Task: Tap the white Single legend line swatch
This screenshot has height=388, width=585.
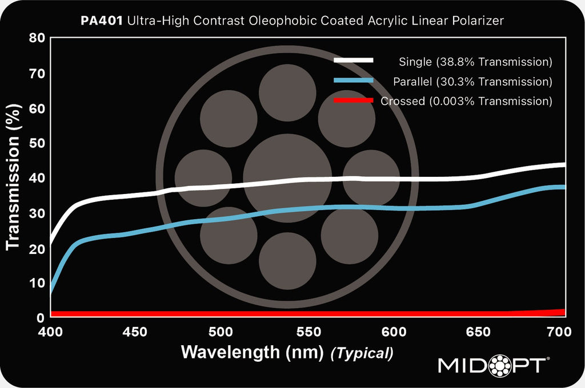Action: pyautogui.click(x=354, y=60)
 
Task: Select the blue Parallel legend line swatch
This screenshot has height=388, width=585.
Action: pyautogui.click(x=354, y=81)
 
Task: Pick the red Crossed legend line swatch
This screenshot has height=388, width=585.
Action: pyautogui.click(x=354, y=101)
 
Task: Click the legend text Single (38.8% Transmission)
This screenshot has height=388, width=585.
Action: pyautogui.click(x=475, y=62)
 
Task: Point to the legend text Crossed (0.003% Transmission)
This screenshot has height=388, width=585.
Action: pyautogui.click(x=466, y=102)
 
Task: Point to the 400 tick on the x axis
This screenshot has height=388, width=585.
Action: pyautogui.click(x=51, y=332)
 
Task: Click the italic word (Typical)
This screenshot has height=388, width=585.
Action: pyautogui.click(x=362, y=353)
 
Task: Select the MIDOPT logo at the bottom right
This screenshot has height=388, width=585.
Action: pyautogui.click(x=494, y=365)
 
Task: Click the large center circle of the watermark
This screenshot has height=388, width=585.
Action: pyautogui.click(x=287, y=177)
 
